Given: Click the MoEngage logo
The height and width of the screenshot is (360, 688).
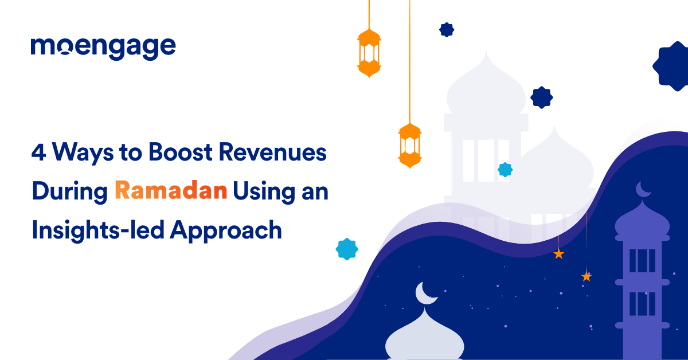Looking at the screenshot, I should click(x=103, y=48).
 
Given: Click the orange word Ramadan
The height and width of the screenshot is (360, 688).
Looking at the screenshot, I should click(x=170, y=191).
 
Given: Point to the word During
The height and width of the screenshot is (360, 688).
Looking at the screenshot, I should click(x=69, y=191).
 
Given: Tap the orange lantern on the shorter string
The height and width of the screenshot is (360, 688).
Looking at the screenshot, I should click(x=369, y=53).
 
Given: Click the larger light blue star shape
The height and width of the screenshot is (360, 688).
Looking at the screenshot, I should click(x=347, y=249).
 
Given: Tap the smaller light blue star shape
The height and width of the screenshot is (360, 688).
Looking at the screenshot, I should click(x=505, y=169).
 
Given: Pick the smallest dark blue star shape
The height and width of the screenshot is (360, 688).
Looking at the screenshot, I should click(x=447, y=30).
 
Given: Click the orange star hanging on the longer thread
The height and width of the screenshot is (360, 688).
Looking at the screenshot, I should click(x=586, y=276).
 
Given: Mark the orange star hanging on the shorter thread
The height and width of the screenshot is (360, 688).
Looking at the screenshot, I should click(x=559, y=254).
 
